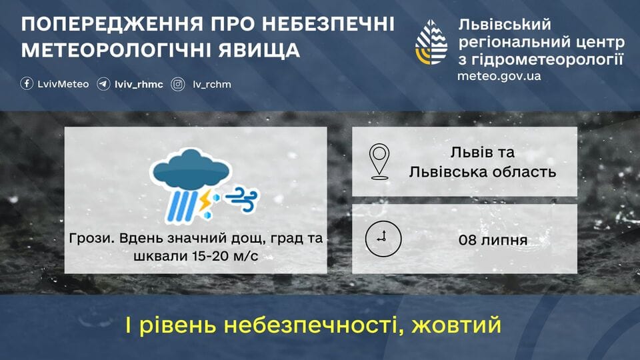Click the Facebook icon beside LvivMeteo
tap(27, 84)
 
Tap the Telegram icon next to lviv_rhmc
tap(103, 84)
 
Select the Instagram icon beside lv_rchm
tap(178, 84)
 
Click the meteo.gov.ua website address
tap(499, 76)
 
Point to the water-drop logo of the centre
tap(431, 43)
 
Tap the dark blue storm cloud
tap(191, 169)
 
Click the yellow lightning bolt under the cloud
tap(204, 200)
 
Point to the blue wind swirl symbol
tap(242, 199)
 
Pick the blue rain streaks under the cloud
tap(181, 205)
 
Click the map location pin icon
tap(379, 161)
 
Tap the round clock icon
tap(383, 239)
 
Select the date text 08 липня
tap(493, 240)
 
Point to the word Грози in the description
tap(91, 239)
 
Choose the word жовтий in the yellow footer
tap(456, 325)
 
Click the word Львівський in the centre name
tap(505, 25)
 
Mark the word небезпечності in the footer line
tap(313, 325)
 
